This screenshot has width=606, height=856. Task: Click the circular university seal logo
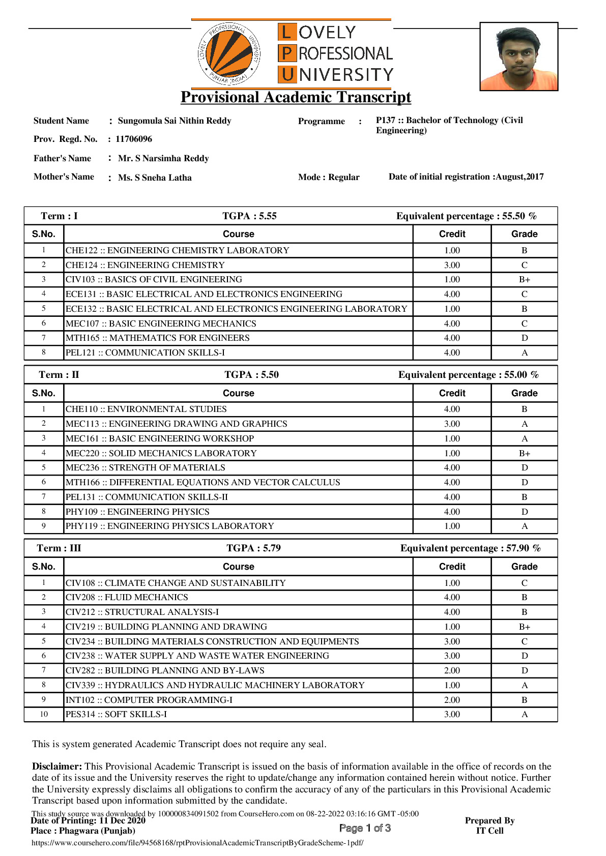(x=229, y=54)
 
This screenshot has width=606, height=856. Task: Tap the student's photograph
(x=519, y=56)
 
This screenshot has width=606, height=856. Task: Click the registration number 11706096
(x=134, y=139)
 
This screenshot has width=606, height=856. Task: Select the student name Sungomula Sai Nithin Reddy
(x=175, y=121)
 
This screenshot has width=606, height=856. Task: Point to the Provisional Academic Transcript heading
(x=296, y=97)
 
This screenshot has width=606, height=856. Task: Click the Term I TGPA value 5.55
(x=249, y=216)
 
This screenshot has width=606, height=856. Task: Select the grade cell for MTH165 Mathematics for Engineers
(x=524, y=338)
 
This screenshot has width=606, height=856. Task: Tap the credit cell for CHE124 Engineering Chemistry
(x=452, y=265)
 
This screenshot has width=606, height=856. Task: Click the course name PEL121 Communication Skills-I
(x=145, y=353)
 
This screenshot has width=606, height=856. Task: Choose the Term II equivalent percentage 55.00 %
(x=468, y=375)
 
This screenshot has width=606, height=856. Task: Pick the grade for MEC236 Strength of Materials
(x=524, y=468)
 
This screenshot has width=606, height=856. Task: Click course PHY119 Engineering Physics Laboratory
(x=169, y=526)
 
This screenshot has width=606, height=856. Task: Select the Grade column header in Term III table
(x=524, y=567)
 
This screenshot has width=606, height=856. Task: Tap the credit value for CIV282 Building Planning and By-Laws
(x=452, y=671)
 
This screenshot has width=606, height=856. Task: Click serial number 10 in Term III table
(x=44, y=715)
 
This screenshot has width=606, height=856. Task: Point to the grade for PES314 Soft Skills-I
(x=524, y=715)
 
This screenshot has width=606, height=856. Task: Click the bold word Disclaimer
(x=56, y=766)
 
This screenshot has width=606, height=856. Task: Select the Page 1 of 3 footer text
(x=365, y=828)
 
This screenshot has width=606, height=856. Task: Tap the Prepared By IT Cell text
(x=489, y=825)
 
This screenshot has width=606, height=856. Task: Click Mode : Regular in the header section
(x=329, y=178)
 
